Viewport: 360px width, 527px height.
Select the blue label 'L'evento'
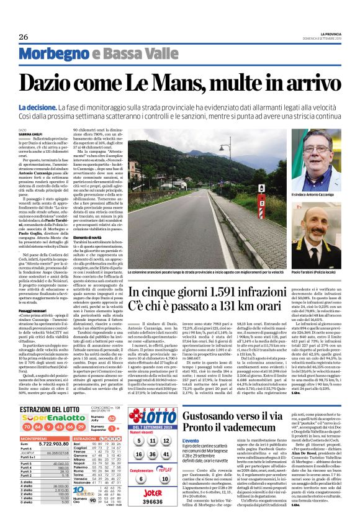tap(191, 423)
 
